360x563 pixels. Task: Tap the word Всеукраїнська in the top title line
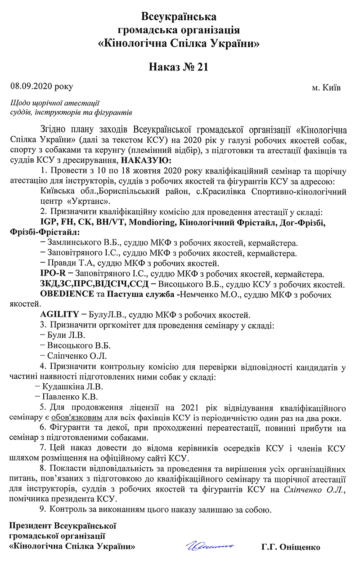[x=179, y=17]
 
